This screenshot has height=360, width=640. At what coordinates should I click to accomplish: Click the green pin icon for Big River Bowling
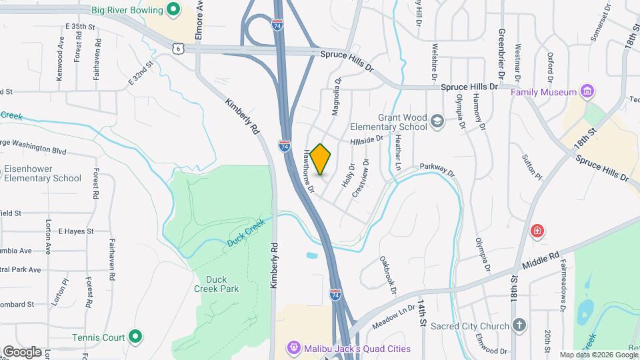point(173,10)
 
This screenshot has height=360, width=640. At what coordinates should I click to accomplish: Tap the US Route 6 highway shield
point(178,48)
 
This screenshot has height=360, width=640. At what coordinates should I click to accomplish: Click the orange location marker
point(321,159)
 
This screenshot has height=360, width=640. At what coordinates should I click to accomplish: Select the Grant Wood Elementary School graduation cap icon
point(437,121)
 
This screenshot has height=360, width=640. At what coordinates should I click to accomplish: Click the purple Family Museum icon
point(587,91)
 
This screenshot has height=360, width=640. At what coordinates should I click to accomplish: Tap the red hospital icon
point(537,231)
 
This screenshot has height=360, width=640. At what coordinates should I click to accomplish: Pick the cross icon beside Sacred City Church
point(520,325)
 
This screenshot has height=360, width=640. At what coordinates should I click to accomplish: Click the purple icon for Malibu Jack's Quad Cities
point(293,348)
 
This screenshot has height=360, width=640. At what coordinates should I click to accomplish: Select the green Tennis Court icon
point(135,337)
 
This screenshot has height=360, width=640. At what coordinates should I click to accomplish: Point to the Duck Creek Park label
point(216,284)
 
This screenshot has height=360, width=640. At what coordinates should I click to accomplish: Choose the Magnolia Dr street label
point(338,97)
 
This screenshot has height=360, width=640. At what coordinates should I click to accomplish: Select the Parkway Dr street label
point(437,171)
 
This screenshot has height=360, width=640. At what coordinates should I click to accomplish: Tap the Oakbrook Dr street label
point(388,274)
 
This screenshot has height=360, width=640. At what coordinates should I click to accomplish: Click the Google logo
point(22,351)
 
